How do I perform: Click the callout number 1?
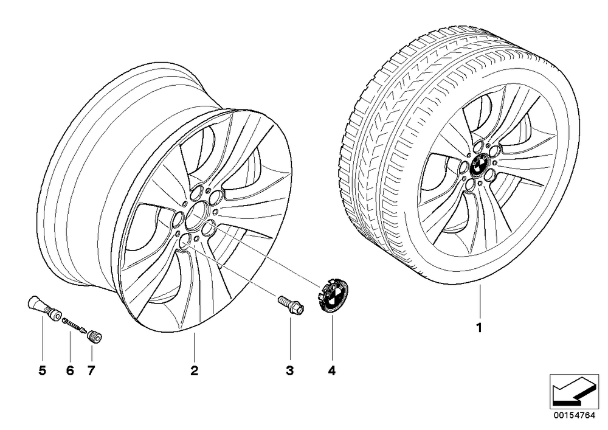(x=479, y=328)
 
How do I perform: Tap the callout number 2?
(x=195, y=370)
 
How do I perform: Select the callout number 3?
(x=289, y=370)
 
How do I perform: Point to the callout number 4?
(x=331, y=370)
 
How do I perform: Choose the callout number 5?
(x=43, y=370)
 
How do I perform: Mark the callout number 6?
(x=70, y=370)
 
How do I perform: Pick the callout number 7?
(x=91, y=370)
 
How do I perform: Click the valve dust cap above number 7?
(x=95, y=335)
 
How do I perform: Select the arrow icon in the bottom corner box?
(x=574, y=392)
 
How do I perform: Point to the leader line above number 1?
(x=480, y=301)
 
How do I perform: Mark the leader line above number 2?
(x=195, y=347)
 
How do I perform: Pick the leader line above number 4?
(x=332, y=338)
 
